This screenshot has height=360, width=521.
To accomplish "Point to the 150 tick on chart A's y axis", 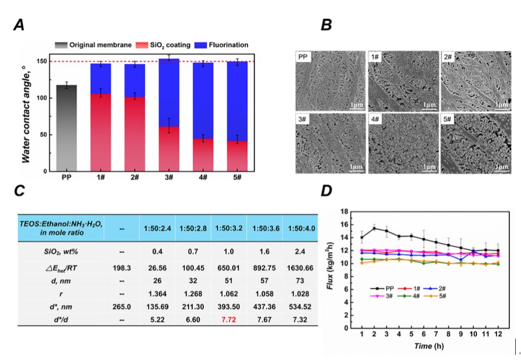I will (x=44, y=62).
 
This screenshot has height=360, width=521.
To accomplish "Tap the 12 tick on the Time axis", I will (x=499, y=334).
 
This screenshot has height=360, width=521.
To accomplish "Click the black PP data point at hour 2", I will (x=375, y=228).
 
